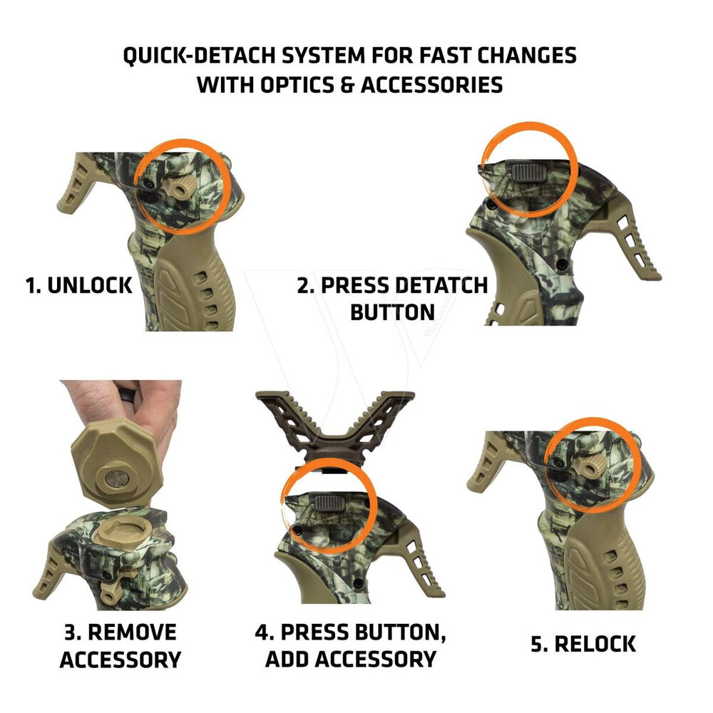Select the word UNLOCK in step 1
pos(89,286)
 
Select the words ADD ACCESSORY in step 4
pos(350,658)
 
